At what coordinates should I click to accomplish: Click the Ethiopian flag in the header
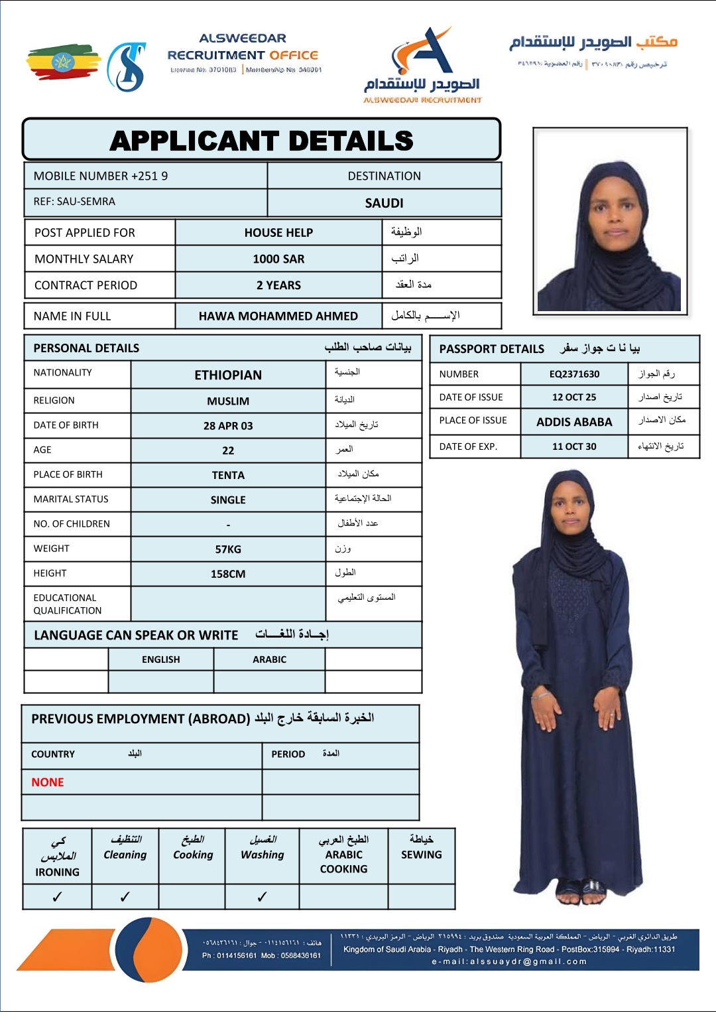[63, 62]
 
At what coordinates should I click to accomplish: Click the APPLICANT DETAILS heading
[261, 141]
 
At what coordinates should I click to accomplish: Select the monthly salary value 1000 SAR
[278, 259]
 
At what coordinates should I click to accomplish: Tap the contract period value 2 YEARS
[278, 285]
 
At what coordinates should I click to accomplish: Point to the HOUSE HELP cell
[278, 232]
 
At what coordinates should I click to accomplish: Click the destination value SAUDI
[384, 203]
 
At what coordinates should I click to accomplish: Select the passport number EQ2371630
[574, 374]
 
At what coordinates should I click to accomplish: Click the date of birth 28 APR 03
[228, 426]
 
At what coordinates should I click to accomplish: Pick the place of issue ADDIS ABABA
[574, 422]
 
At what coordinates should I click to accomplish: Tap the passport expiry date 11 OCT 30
[574, 447]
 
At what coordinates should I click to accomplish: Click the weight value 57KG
[228, 549]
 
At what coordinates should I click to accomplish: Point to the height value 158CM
[228, 574]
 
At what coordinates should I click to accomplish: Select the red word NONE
[48, 782]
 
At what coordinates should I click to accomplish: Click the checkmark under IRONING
[57, 897]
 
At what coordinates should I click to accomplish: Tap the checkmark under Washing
[262, 897]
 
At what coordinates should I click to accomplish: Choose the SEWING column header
[421, 855]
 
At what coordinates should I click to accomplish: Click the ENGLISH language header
[160, 659]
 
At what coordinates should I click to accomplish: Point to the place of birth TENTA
[228, 475]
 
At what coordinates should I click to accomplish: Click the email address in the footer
[509, 961]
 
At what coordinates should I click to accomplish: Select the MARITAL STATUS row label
[71, 499]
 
